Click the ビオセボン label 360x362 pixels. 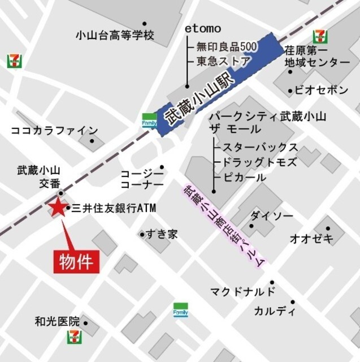point(322,90)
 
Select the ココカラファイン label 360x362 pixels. point(54,131)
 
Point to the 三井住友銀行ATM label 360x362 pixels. point(114,209)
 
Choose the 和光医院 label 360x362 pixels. point(57,322)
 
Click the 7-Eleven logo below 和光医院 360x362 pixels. point(74,338)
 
